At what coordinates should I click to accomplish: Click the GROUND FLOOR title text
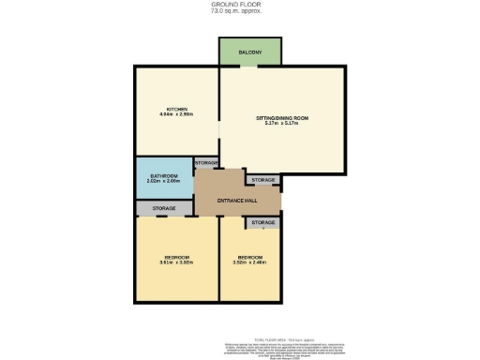(x=239, y=5)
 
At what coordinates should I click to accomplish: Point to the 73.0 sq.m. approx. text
(x=239, y=11)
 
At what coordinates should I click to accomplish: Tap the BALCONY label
(x=250, y=52)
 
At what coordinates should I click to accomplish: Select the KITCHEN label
(x=177, y=109)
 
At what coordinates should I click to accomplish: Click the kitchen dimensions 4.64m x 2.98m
(x=177, y=115)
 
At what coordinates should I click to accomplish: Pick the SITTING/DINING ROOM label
(x=282, y=118)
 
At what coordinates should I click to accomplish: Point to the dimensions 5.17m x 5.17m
(x=282, y=125)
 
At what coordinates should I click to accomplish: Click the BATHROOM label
(x=164, y=175)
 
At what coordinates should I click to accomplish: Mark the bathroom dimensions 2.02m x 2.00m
(x=164, y=182)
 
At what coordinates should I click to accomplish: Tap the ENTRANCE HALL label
(x=237, y=202)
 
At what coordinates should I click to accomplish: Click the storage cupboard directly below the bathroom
(x=164, y=207)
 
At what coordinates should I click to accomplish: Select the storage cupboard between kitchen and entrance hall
(x=206, y=163)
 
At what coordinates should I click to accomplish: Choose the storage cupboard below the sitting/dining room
(x=263, y=179)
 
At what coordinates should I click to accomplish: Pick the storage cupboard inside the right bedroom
(x=263, y=222)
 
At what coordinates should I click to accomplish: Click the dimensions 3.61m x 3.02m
(x=177, y=263)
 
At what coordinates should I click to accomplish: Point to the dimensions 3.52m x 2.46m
(x=249, y=263)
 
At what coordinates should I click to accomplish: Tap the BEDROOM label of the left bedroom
(x=177, y=257)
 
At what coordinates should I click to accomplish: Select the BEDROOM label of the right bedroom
(x=249, y=257)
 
